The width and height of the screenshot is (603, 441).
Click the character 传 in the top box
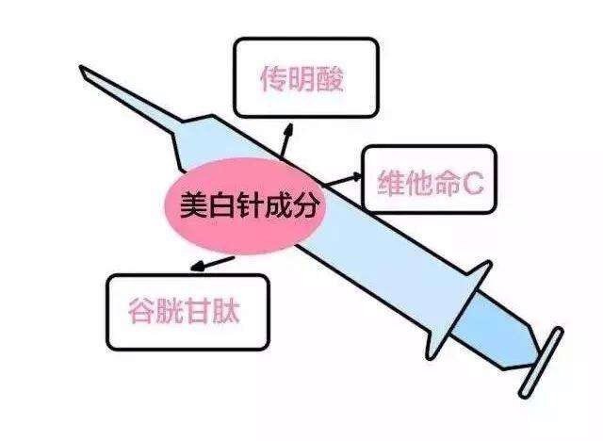pyautogui.click(x=274, y=79)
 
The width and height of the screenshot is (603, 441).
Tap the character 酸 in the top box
pyautogui.click(x=329, y=79)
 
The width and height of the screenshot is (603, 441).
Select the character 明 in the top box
pyautogui.click(x=301, y=79)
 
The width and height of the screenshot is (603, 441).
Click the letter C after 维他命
pyautogui.click(x=472, y=183)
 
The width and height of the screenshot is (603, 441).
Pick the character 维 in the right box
pyautogui.click(x=392, y=183)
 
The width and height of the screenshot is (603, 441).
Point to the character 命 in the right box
pyautogui.click(x=447, y=183)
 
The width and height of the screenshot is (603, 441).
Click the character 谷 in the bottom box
pyautogui.click(x=141, y=311)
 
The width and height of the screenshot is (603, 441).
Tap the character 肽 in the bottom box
pyautogui.click(x=226, y=311)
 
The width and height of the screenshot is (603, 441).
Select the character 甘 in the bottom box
pyautogui.click(x=198, y=311)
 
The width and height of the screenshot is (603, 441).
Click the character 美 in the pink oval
pyautogui.click(x=193, y=204)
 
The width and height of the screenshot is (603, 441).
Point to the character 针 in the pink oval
pyautogui.click(x=250, y=204)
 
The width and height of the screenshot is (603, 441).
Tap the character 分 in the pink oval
pyautogui.click(x=305, y=204)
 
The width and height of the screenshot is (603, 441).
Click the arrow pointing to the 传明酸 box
pyautogui.click(x=285, y=140)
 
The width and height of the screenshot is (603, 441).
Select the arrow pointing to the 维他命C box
pyautogui.click(x=341, y=180)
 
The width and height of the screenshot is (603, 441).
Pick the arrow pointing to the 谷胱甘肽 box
pyautogui.click(x=212, y=264)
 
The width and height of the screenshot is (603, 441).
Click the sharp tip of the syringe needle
pyautogui.click(x=80, y=67)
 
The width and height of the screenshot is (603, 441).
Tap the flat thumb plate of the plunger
pyautogui.click(x=541, y=363)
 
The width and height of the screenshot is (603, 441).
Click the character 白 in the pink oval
pyautogui.click(x=221, y=204)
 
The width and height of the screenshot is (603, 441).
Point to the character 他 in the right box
pyautogui.click(x=419, y=183)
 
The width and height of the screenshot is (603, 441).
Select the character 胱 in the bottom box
pyautogui.click(x=170, y=311)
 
